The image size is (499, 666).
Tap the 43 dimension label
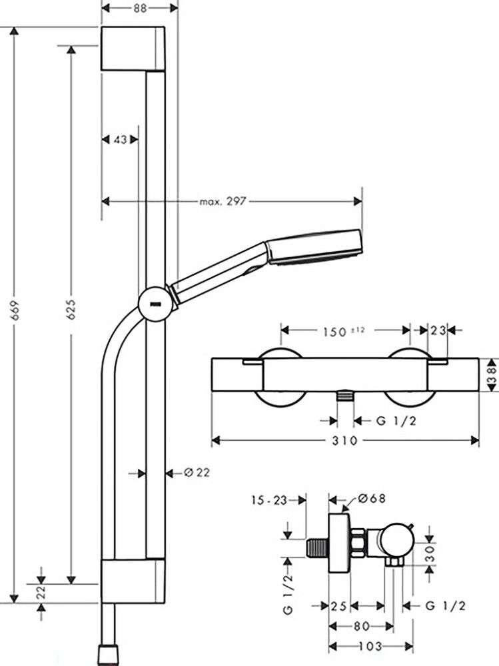coord(120,139)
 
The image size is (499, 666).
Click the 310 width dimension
coord(345,440)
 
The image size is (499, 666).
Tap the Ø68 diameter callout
coord(372,498)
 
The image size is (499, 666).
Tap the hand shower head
coord(313,248)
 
